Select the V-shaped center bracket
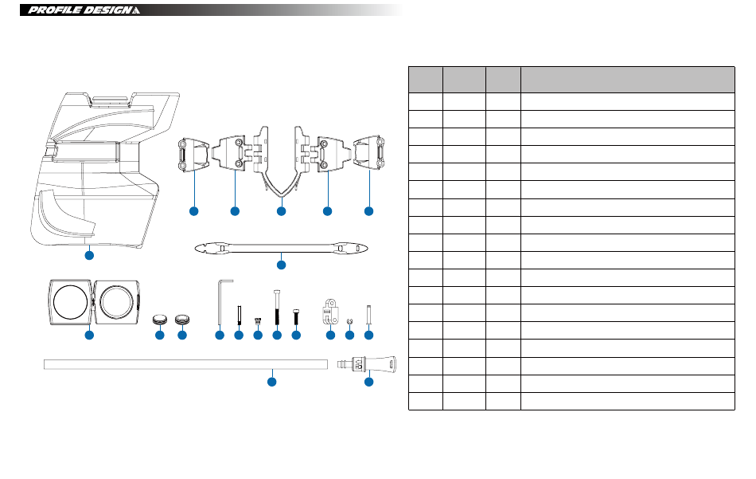(282, 163)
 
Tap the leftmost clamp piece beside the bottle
(193, 154)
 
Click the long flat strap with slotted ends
(281, 249)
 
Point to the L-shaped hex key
(221, 302)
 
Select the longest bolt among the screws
(277, 308)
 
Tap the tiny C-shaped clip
(349, 321)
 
